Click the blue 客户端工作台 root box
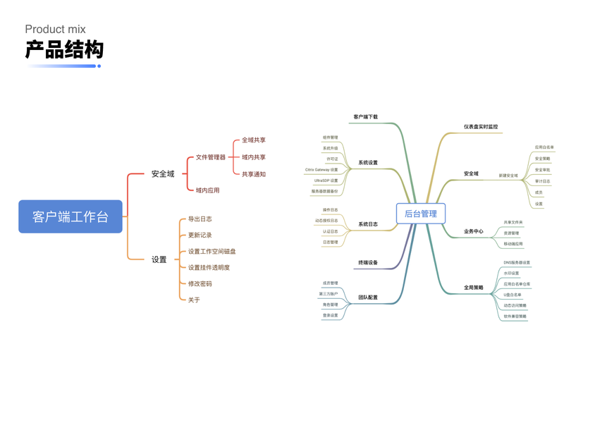tap(70, 216)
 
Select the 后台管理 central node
tap(420, 214)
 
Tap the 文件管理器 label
tap(211, 157)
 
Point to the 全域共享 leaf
tap(254, 140)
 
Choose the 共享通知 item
tap(254, 174)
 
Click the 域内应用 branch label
tap(207, 190)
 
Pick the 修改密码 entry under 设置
tap(200, 283)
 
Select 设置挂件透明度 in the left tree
tap(209, 267)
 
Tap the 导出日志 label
tap(200, 219)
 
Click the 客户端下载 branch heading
tap(365, 117)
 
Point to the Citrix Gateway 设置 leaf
tap(321, 170)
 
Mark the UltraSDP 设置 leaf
tap(326, 180)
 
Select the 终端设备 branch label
tap(368, 263)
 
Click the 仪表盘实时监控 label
tap(481, 127)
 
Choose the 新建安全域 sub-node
tap(508, 176)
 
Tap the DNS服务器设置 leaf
tap(517, 262)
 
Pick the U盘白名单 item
tap(513, 295)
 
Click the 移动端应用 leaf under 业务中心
tap(513, 244)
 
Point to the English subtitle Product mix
tap(55, 29)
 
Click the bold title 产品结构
tap(64, 49)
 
